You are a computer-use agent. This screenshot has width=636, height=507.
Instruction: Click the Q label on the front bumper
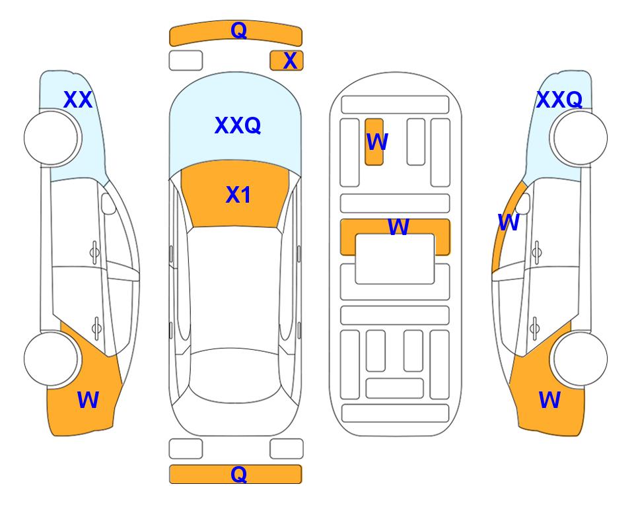[238, 30]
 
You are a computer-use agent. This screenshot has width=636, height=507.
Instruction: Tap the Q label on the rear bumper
[238, 474]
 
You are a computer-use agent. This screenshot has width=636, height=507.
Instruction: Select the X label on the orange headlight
[290, 61]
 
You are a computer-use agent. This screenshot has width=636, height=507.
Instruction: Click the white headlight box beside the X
[186, 61]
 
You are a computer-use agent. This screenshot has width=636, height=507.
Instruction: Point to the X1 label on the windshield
[238, 195]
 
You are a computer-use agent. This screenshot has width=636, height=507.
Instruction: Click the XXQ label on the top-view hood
[238, 125]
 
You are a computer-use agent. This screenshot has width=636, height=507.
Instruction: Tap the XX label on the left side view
[78, 100]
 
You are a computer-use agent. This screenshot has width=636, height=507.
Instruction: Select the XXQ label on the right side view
[559, 100]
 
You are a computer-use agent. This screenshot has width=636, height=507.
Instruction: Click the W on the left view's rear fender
[88, 400]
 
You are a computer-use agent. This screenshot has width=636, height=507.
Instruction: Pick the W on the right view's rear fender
[549, 400]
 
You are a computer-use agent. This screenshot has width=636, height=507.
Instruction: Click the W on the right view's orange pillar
[509, 222]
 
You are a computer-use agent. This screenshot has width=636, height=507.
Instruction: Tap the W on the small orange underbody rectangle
[377, 142]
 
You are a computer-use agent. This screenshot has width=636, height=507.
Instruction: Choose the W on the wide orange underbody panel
[398, 227]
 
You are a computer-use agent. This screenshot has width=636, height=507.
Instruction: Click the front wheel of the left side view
[51, 138]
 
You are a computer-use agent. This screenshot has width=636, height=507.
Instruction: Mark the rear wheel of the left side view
[51, 358]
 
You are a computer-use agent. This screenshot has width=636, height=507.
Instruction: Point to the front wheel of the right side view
[581, 138]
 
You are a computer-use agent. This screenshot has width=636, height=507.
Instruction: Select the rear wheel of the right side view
[581, 358]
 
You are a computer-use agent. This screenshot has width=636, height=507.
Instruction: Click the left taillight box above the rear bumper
[186, 449]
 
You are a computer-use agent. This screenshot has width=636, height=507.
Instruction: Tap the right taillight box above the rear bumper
[287, 449]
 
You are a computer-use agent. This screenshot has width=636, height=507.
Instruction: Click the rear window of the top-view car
[235, 375]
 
